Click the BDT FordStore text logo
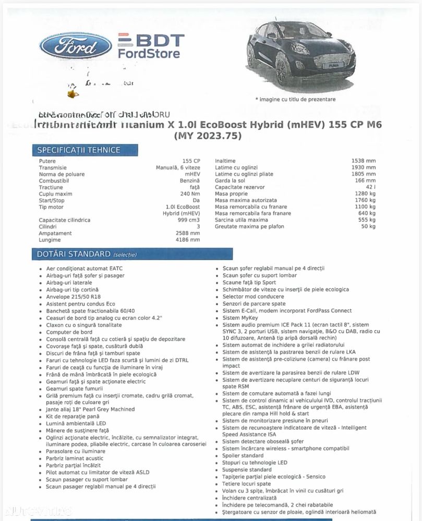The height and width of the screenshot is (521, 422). coord(150,46)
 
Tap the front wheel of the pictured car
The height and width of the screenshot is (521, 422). coord(282,69)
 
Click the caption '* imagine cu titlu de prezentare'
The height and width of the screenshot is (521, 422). coord(295,99)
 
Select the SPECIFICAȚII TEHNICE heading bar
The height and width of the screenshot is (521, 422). coord(78,150)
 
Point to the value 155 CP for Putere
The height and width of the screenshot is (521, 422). coord(191,161)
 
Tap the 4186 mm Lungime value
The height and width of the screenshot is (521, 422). coord(188,240)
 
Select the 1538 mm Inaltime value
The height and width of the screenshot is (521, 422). coord(363,161)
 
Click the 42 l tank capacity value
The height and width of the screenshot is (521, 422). coord(370,187)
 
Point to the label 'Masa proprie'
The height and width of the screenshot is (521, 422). coord(232,194)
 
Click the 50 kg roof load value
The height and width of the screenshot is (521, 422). coord(368,226)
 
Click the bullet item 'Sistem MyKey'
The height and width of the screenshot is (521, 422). coord(240,318)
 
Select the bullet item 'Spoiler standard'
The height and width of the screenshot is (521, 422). coord(243,456)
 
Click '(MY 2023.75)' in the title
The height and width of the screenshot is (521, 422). coord(208,136)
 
